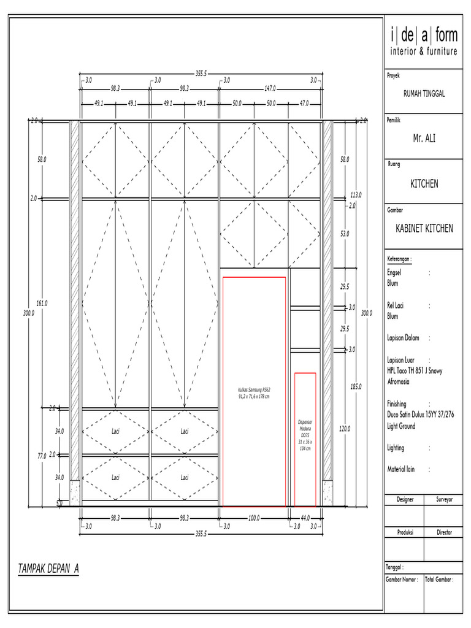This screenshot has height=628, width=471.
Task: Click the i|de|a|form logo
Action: pyautogui.click(x=424, y=41)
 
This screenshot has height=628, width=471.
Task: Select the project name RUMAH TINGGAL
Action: pyautogui.click(x=424, y=93)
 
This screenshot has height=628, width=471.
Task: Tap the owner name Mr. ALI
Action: pyautogui.click(x=424, y=139)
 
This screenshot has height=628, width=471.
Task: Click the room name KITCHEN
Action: pyautogui.click(x=424, y=184)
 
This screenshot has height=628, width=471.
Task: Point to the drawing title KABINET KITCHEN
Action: pyautogui.click(x=424, y=229)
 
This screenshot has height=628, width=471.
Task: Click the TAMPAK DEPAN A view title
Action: pyautogui.click(x=49, y=569)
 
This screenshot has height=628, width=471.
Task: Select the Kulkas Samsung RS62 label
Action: pyautogui.click(x=254, y=393)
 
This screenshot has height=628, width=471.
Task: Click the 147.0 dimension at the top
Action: pyautogui.click(x=270, y=88)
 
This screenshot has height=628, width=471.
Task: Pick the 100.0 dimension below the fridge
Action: pyautogui.click(x=254, y=518)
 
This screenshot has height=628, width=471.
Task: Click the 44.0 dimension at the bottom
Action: pyautogui.click(x=305, y=518)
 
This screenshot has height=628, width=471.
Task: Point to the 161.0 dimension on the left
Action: pyautogui.click(x=42, y=303)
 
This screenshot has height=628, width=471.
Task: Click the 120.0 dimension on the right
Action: pyautogui.click(x=344, y=429)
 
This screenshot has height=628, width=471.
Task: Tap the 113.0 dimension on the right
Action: pyautogui.click(x=356, y=194)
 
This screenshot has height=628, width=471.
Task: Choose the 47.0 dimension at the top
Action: pyautogui.click(x=304, y=104)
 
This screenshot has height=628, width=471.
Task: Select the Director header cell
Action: pyautogui.click(x=444, y=533)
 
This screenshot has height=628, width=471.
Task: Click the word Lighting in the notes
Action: pyautogui.click(x=396, y=448)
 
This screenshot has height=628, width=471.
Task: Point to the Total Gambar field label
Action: pyautogui.click(x=438, y=579)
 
